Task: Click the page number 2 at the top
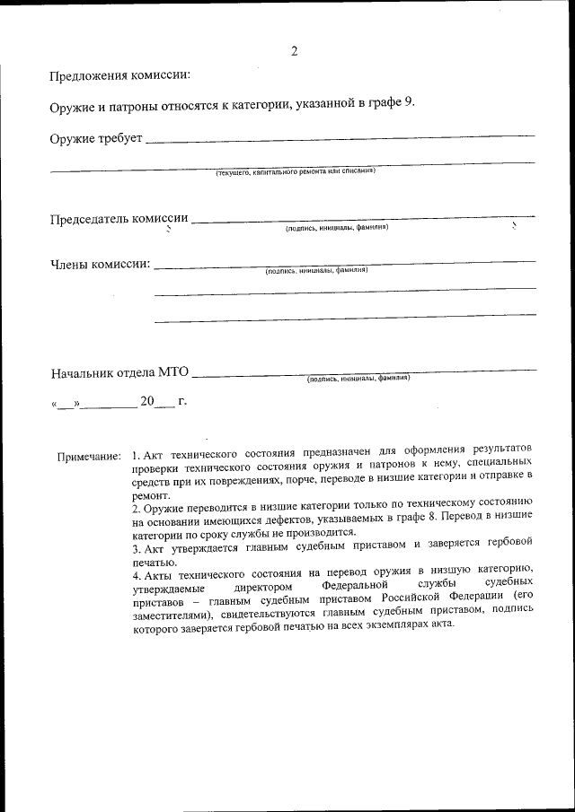pyautogui.click(x=294, y=50)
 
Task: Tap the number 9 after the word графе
pyautogui.click(x=409, y=102)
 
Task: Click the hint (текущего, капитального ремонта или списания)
pyautogui.click(x=295, y=170)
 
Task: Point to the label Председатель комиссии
pyautogui.click(x=119, y=219)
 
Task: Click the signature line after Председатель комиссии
pyautogui.click(x=363, y=219)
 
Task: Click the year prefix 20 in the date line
pyautogui.click(x=148, y=401)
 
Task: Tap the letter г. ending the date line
pyautogui.click(x=182, y=401)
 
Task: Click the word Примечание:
pyautogui.click(x=89, y=457)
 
